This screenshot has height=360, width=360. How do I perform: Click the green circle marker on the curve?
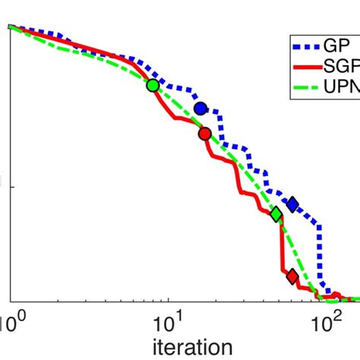point(153,85)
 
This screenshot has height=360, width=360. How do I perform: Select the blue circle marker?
point(201,109)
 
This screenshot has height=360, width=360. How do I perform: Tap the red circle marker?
point(204,134)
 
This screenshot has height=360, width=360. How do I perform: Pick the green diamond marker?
point(277,215)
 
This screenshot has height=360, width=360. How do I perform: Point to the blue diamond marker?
point(292,204)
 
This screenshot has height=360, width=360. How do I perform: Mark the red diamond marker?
point(292,276)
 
